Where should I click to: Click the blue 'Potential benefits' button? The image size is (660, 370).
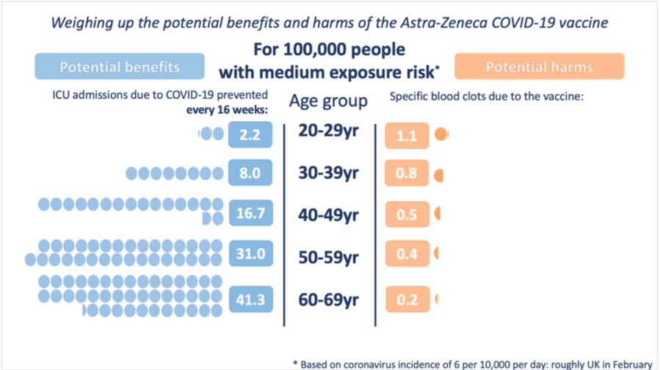(x=120, y=68)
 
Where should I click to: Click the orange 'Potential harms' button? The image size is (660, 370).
(x=540, y=67)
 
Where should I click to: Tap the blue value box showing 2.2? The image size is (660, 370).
(x=250, y=134)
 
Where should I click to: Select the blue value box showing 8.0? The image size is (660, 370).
(x=250, y=174)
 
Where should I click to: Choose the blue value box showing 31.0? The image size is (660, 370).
(x=250, y=253)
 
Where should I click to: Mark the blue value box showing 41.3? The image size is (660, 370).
(x=250, y=299)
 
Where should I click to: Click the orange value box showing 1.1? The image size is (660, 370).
(x=406, y=135)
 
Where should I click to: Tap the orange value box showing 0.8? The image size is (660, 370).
(x=406, y=175)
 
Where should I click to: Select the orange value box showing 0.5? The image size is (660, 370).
(x=406, y=214)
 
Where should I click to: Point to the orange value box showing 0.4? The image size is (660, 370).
(x=406, y=254)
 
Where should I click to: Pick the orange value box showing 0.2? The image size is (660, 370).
(x=406, y=300)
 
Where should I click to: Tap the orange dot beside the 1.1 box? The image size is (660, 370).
(x=440, y=134)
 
